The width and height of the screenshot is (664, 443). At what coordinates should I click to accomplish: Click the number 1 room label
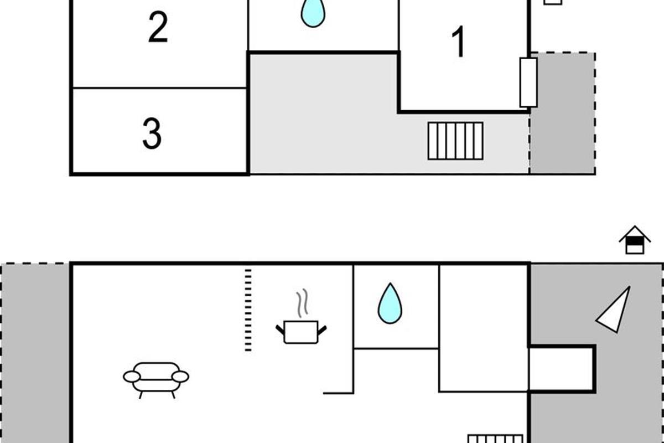tap(458, 43)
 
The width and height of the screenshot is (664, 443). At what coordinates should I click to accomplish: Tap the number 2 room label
tap(158, 29)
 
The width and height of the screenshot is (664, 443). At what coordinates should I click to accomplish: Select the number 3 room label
tap(152, 133)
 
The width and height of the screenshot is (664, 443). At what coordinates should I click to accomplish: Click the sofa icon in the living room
tap(156, 378)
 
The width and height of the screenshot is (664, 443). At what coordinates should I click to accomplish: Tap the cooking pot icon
tap(301, 332)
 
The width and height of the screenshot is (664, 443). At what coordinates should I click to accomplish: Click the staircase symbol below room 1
tap(455, 141)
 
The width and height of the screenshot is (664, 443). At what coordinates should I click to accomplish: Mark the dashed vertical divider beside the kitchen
tap(248, 310)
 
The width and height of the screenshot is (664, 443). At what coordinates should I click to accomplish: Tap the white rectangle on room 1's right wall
tap(528, 82)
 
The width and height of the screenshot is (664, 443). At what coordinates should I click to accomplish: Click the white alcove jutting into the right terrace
tap(561, 368)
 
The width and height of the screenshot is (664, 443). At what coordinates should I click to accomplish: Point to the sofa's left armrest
tap(132, 377)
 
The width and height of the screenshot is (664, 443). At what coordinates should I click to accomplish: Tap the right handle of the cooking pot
tap(321, 330)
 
